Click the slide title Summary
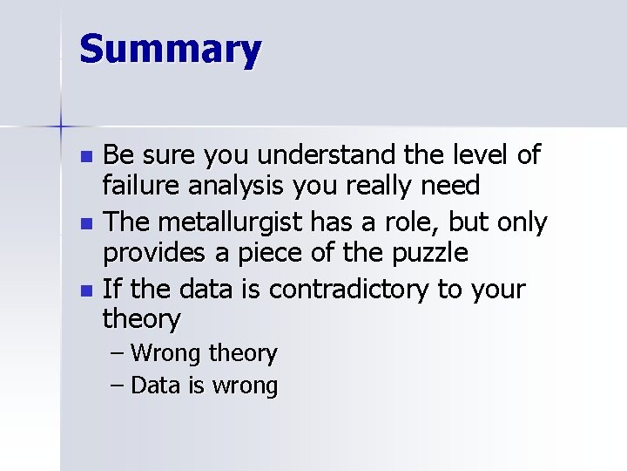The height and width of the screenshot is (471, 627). (170, 50)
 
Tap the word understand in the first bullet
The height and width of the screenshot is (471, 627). (324, 156)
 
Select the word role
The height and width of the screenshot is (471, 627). (411, 222)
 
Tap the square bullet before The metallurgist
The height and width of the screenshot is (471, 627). (85, 224)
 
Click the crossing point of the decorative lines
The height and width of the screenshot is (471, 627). (61, 127)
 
